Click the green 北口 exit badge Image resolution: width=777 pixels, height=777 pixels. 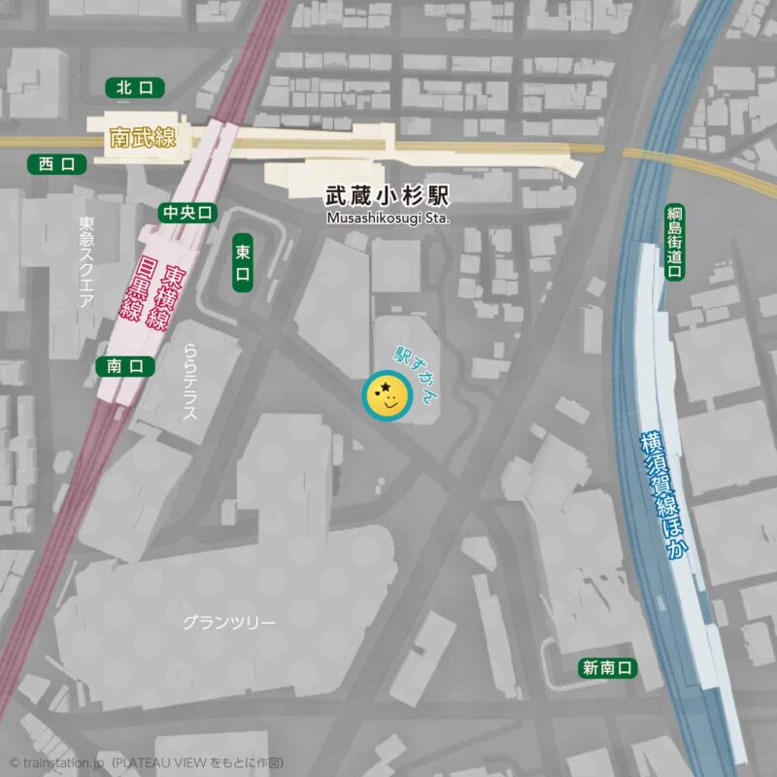tap(134, 88)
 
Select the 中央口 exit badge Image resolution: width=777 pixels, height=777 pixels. tap(187, 213)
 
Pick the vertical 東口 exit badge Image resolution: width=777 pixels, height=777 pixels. tap(243, 264)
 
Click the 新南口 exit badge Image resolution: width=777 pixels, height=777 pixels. tap(608, 667)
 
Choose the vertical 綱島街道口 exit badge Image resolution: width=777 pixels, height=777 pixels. tap(674, 242)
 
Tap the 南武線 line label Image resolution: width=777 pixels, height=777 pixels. tap(143, 139)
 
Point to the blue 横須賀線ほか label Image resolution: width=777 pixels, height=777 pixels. tap(662, 495)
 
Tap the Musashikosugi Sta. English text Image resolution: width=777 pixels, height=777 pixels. tap(388, 219)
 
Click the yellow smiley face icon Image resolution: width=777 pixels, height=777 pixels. tap(387, 394)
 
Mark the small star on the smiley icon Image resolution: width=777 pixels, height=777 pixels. tap(387, 388)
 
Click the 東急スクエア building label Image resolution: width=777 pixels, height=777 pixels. tap(85, 262)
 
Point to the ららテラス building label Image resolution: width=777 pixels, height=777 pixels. tap(189, 382)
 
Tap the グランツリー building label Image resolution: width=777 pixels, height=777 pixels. tap(229, 623)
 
